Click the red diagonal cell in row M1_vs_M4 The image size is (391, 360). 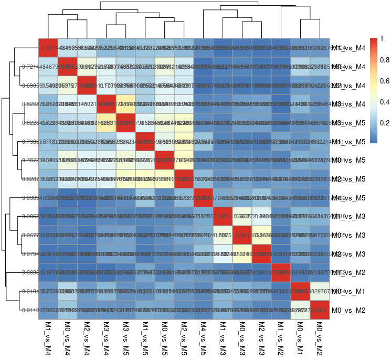pyautogui.click(x=48, y=48)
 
